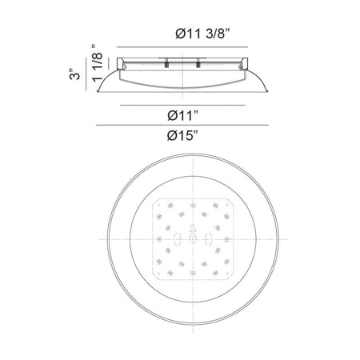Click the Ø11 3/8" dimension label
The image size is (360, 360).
[202, 34]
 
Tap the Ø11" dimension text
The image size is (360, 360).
[183, 115]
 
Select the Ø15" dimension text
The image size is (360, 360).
[183, 136]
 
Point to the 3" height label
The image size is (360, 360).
[74, 74]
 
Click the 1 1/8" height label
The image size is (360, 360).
[97, 63]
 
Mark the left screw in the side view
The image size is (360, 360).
[166, 63]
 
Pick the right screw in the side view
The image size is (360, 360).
[198, 63]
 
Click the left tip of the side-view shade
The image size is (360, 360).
[98, 91]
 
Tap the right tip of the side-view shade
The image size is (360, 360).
[267, 91]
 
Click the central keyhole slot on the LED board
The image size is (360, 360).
[193, 238]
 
